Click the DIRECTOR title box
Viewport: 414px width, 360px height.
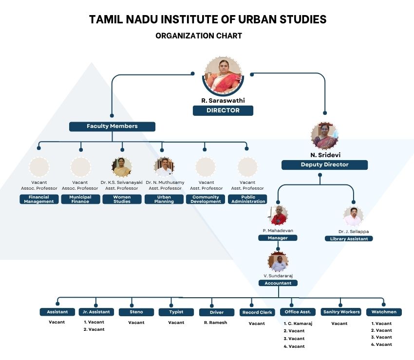[x=223, y=110]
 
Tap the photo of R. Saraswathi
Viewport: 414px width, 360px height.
[x=223, y=76]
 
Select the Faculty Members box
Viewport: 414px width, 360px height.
[x=112, y=126]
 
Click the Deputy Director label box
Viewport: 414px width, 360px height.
[x=324, y=165]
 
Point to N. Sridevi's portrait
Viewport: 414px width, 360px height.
[x=324, y=136]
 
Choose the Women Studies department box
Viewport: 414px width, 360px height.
[x=122, y=199]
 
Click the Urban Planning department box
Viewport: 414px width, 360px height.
[x=164, y=199]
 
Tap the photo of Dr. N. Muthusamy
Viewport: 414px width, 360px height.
[x=164, y=167]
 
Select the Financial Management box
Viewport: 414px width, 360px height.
[x=39, y=199]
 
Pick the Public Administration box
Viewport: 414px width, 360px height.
[x=248, y=199]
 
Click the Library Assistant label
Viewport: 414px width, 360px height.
[x=349, y=239]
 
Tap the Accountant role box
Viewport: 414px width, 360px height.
[x=278, y=283]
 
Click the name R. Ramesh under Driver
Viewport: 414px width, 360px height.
[x=215, y=323]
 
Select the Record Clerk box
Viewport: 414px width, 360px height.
[x=257, y=312]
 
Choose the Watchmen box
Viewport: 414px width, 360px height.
[x=384, y=312]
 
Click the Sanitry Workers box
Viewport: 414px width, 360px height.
[x=341, y=312]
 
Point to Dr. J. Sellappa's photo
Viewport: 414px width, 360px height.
[x=353, y=216]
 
